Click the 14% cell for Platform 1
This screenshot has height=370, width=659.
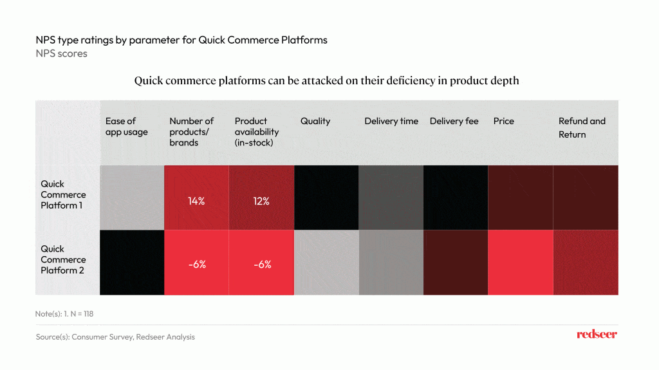(196, 201)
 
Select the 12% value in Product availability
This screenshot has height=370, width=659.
(261, 201)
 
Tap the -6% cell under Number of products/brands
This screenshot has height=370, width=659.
(196, 264)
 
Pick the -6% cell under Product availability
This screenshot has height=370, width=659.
(261, 264)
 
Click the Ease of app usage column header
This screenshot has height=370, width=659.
(126, 127)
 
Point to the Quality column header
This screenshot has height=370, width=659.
(315, 121)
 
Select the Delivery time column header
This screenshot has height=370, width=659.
(391, 121)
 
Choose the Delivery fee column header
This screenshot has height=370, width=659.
(454, 121)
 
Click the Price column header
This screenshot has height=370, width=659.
(504, 121)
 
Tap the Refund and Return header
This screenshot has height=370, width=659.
(582, 127)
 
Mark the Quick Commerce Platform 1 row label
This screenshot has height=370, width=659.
(63, 195)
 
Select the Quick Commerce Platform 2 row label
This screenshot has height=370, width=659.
(63, 259)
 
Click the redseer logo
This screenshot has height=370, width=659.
(597, 335)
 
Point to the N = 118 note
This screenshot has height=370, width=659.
(66, 314)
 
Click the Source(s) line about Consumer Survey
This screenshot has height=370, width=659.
(115, 337)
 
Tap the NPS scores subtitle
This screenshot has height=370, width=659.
(61, 53)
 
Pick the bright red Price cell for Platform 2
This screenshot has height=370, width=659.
(521, 263)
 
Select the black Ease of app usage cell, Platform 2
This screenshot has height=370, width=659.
(132, 263)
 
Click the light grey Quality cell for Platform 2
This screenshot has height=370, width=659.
(326, 263)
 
